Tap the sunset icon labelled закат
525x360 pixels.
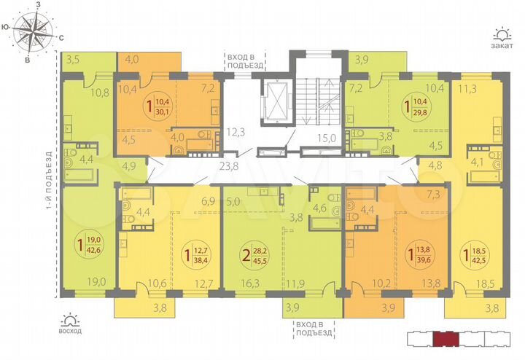pos(502,34)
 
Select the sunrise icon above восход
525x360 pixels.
pos(71,319)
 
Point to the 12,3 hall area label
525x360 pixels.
pos(234,131)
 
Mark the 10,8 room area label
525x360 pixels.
pos(100,93)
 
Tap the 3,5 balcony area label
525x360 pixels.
pos(72,60)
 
